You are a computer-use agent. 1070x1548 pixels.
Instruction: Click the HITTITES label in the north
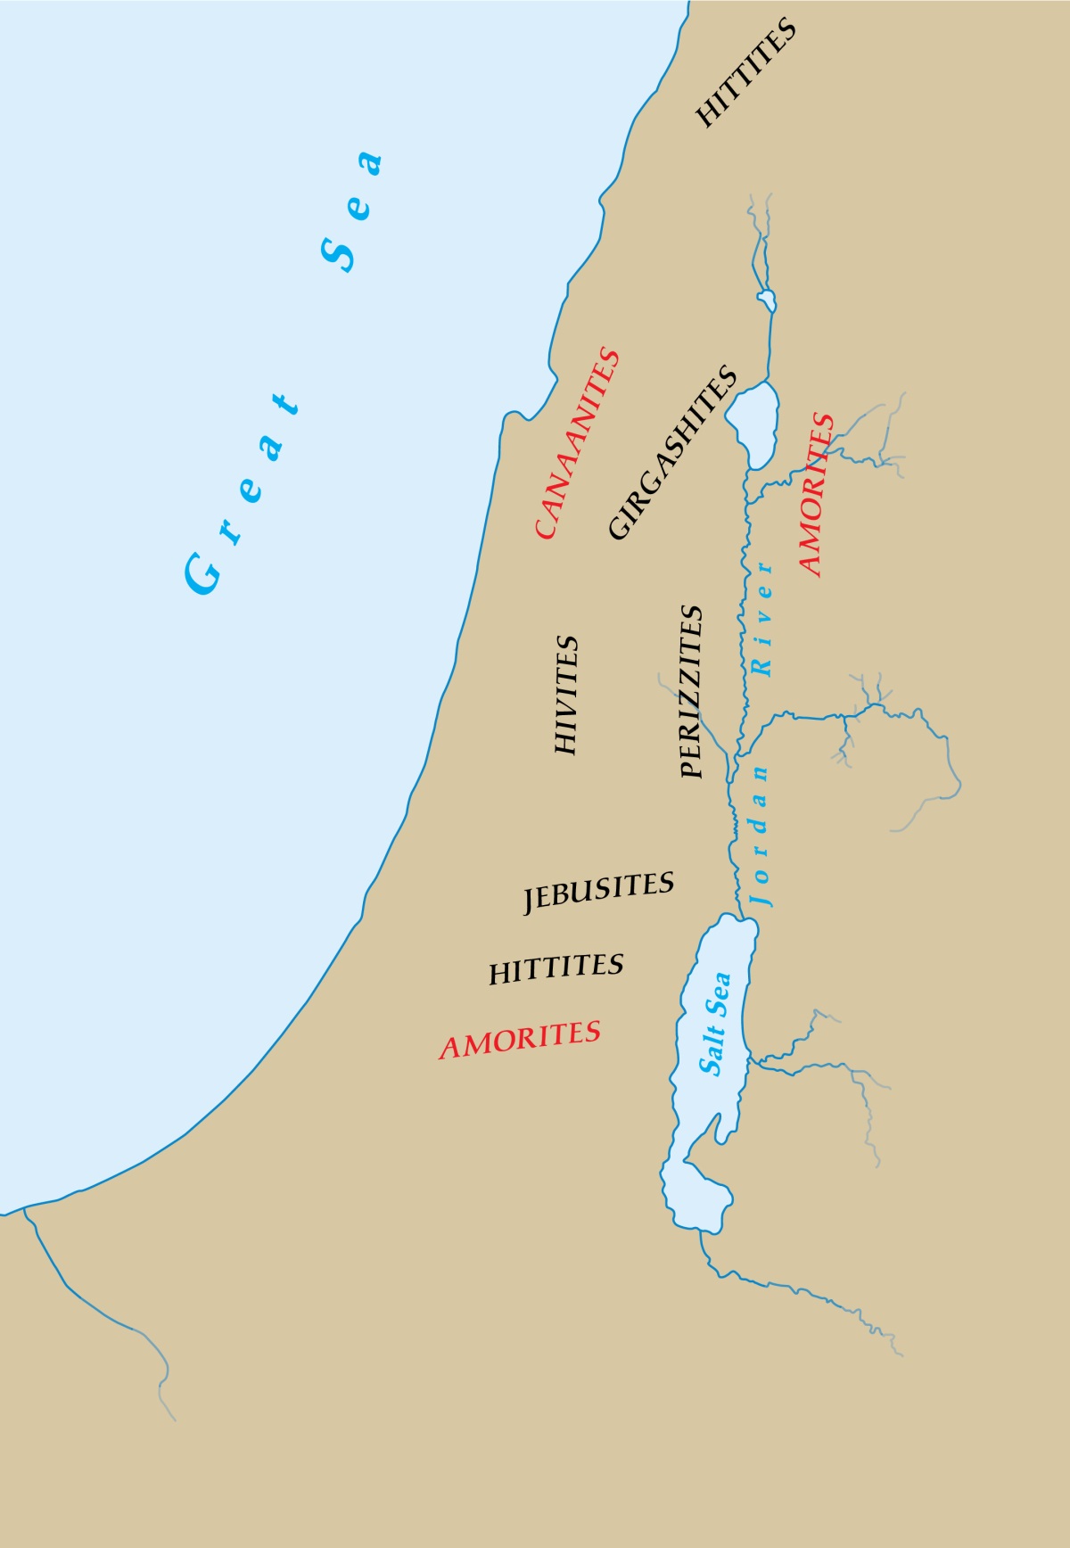point(745,73)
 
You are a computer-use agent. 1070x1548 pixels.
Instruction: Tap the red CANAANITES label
point(577,443)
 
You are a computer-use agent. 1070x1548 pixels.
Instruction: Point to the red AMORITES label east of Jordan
point(815,495)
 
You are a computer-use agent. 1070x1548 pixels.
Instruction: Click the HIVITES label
point(566,696)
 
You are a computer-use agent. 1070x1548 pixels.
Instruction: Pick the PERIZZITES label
point(691,692)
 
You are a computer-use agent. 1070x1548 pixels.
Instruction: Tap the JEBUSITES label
point(598,891)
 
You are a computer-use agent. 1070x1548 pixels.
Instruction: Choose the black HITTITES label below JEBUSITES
point(556,968)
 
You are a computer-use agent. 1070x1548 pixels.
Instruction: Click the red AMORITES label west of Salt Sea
point(520,1039)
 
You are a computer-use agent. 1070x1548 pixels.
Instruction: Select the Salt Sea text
point(714,1024)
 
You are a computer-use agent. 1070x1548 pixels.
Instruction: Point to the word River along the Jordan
point(762,617)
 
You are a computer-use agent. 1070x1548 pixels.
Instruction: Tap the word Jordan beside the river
point(761,836)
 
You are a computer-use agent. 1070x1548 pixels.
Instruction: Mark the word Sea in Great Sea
point(352,210)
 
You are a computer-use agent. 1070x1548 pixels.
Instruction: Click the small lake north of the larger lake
point(766,301)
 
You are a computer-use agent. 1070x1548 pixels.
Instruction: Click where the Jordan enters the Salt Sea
point(739,916)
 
